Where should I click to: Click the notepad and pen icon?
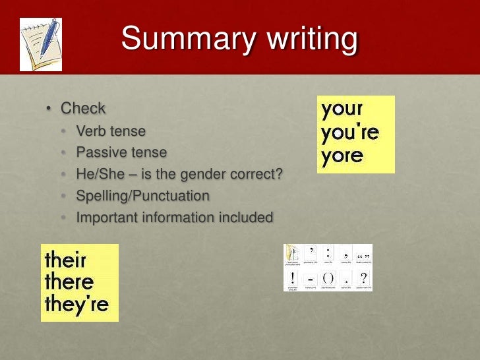coord(41,44)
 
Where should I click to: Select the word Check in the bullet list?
coord(83,108)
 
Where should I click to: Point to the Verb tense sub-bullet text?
coord(111,131)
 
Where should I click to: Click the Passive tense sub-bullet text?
coord(121,152)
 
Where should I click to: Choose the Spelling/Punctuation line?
coord(142,196)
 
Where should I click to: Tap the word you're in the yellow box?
coord(350,133)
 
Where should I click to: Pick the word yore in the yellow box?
coord(342,156)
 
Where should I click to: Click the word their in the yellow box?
coord(65,259)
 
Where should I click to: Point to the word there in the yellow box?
coord(69,282)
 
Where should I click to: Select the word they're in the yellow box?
coord(76,305)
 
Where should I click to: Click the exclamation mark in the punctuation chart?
coord(293,278)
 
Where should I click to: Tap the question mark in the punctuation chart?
coord(363,278)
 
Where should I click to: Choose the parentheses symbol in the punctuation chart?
coord(328,278)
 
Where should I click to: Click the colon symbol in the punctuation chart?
coord(328,253)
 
